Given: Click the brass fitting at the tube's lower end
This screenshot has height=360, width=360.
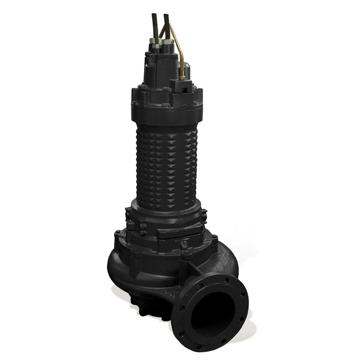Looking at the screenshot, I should (183, 76).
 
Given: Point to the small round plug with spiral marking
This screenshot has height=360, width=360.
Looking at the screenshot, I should (184, 244).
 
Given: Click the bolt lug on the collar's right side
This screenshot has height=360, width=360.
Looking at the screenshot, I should (204, 215).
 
